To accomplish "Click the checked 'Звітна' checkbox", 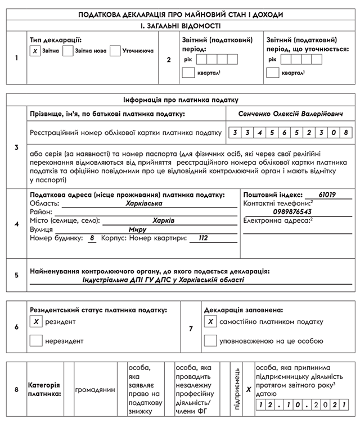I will coord(35,51).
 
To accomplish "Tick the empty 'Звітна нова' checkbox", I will coord(68,51).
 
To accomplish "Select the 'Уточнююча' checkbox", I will coord(115,51).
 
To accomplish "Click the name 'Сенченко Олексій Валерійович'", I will coord(290,114).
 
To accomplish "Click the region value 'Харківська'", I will coord(144,203).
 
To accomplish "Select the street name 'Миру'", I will coord(137,229).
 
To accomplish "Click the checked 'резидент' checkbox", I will coord(36,322).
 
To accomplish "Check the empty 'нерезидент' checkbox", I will coord(36,340).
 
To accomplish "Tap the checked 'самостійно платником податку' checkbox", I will coord(210,322).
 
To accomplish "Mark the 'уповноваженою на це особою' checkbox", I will coord(210,340).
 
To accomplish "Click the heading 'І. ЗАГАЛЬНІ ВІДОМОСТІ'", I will coord(180,25).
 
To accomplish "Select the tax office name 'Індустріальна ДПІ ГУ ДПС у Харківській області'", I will coord(163,279).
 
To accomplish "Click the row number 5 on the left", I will coord(16,275).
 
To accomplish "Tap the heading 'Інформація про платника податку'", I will coord(180,99).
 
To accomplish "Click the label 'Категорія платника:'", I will coord(44,389).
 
